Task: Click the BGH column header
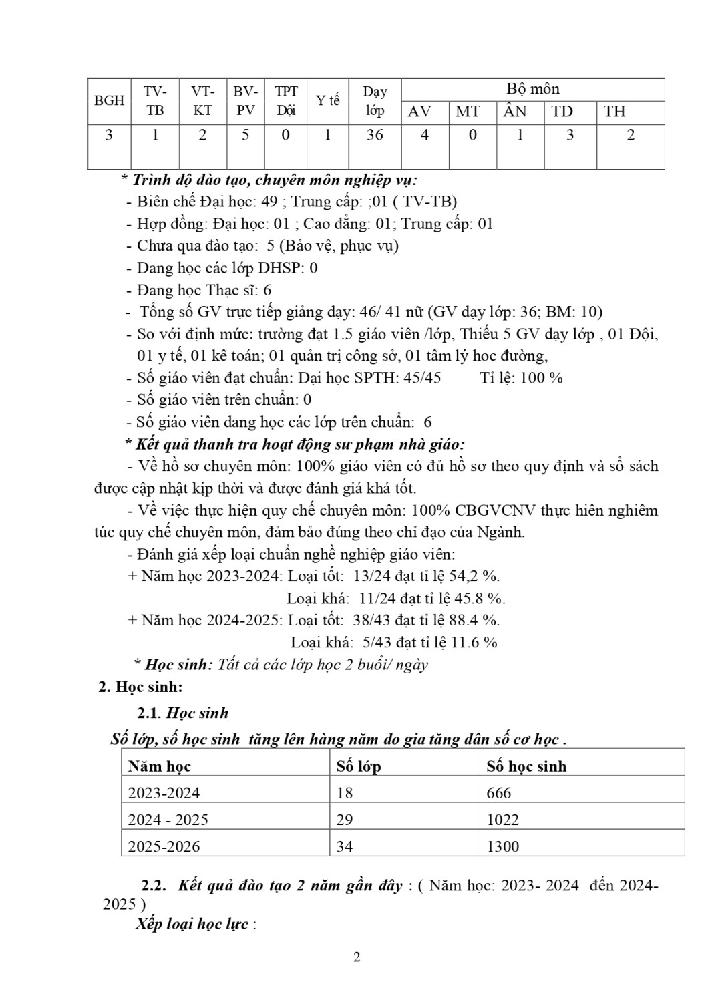[x=109, y=100]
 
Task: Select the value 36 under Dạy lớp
[x=375, y=135]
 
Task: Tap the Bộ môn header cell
[x=532, y=89]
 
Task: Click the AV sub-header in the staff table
[x=419, y=112]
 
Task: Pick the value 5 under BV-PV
[x=246, y=135]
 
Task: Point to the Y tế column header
[x=327, y=100]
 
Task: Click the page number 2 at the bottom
[x=357, y=957]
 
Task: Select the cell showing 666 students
[x=499, y=793]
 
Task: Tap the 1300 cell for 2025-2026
[x=503, y=846]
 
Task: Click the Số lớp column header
[x=359, y=766]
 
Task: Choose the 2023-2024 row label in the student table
[x=164, y=793]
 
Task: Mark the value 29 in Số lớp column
[x=345, y=820]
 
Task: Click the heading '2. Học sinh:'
[x=140, y=687]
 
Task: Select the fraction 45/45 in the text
[x=423, y=377]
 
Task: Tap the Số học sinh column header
[x=526, y=766]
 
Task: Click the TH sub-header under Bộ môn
[x=614, y=112]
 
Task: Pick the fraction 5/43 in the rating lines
[x=377, y=643]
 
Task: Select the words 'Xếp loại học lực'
[x=192, y=924]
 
